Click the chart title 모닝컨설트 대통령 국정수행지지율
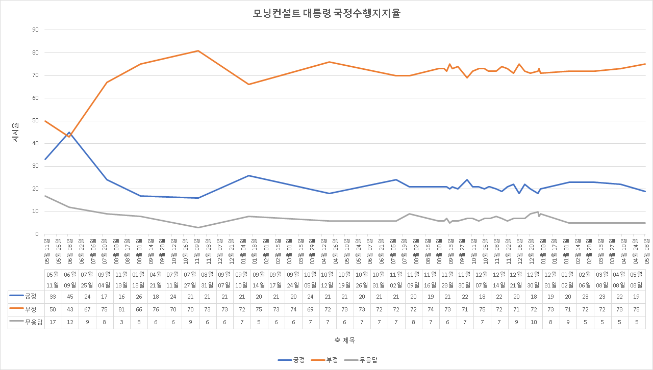[326, 14]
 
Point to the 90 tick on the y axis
[35, 30]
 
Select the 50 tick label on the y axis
[35, 121]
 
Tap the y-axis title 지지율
[15, 132]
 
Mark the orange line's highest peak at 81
[198, 50]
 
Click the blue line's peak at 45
[69, 132]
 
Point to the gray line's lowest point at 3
[198, 227]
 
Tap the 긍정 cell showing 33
[52, 296]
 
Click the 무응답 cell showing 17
[52, 321]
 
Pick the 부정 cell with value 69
[310, 308]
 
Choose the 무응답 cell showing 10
[534, 321]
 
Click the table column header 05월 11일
[52, 279]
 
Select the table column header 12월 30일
[534, 279]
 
